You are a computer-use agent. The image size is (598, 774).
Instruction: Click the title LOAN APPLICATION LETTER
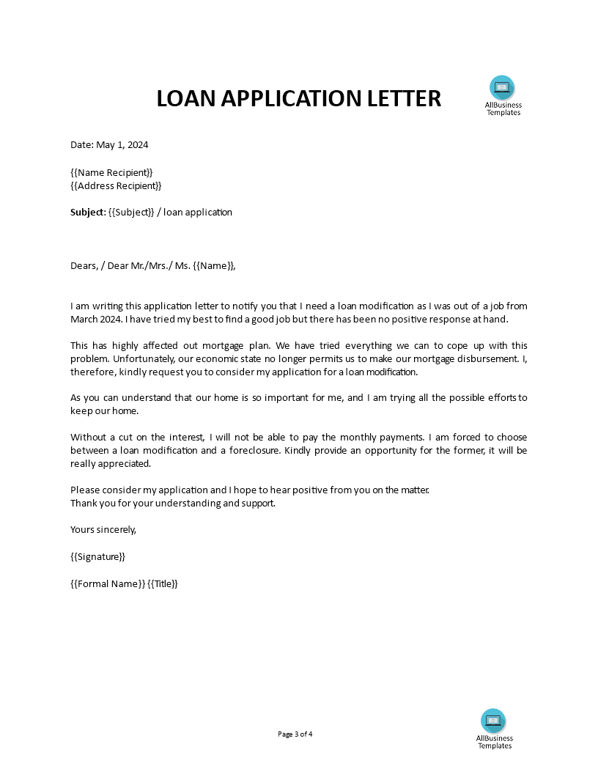coord(299,98)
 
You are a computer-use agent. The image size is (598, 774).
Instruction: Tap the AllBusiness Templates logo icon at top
coord(502,88)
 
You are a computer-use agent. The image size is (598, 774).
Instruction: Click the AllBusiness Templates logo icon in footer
coord(493,721)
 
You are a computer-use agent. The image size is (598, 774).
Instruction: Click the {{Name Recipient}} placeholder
coord(111,172)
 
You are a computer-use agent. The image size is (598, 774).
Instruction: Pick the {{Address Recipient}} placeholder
coord(116,185)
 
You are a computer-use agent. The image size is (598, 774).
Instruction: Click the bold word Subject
coord(87,213)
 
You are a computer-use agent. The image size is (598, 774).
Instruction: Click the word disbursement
coord(484,359)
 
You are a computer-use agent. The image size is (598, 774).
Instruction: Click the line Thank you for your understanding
coord(172,503)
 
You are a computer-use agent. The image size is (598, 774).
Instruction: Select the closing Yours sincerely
coord(103,529)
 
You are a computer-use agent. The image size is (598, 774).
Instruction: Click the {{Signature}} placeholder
coord(97,556)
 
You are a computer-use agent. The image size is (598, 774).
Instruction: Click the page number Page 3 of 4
coord(295,734)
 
